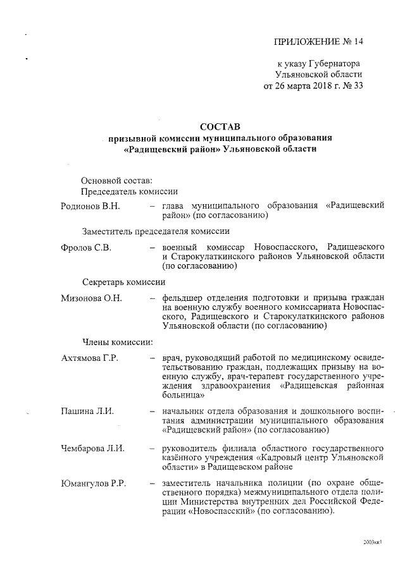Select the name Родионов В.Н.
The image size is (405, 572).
coord(90,206)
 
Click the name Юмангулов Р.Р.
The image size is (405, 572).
coord(94,484)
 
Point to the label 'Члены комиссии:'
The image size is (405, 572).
coord(117,343)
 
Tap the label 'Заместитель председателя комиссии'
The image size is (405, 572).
coord(156,231)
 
